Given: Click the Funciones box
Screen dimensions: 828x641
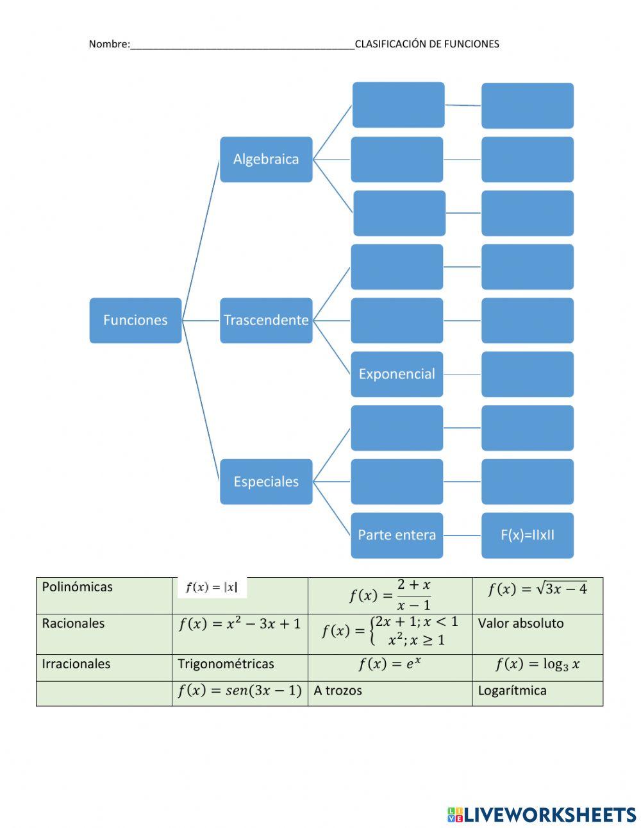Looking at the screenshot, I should (135, 320).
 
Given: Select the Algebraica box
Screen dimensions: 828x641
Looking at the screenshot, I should (266, 159).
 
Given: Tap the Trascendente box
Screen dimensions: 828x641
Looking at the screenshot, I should (266, 320).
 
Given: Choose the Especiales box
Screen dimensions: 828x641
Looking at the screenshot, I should (266, 482).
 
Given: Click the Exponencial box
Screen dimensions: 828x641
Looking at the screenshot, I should (397, 374).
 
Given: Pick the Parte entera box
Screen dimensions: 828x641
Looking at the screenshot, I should (397, 535).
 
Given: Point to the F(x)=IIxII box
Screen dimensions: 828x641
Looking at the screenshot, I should (528, 535).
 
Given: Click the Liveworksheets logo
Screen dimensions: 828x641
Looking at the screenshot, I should (542, 815).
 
